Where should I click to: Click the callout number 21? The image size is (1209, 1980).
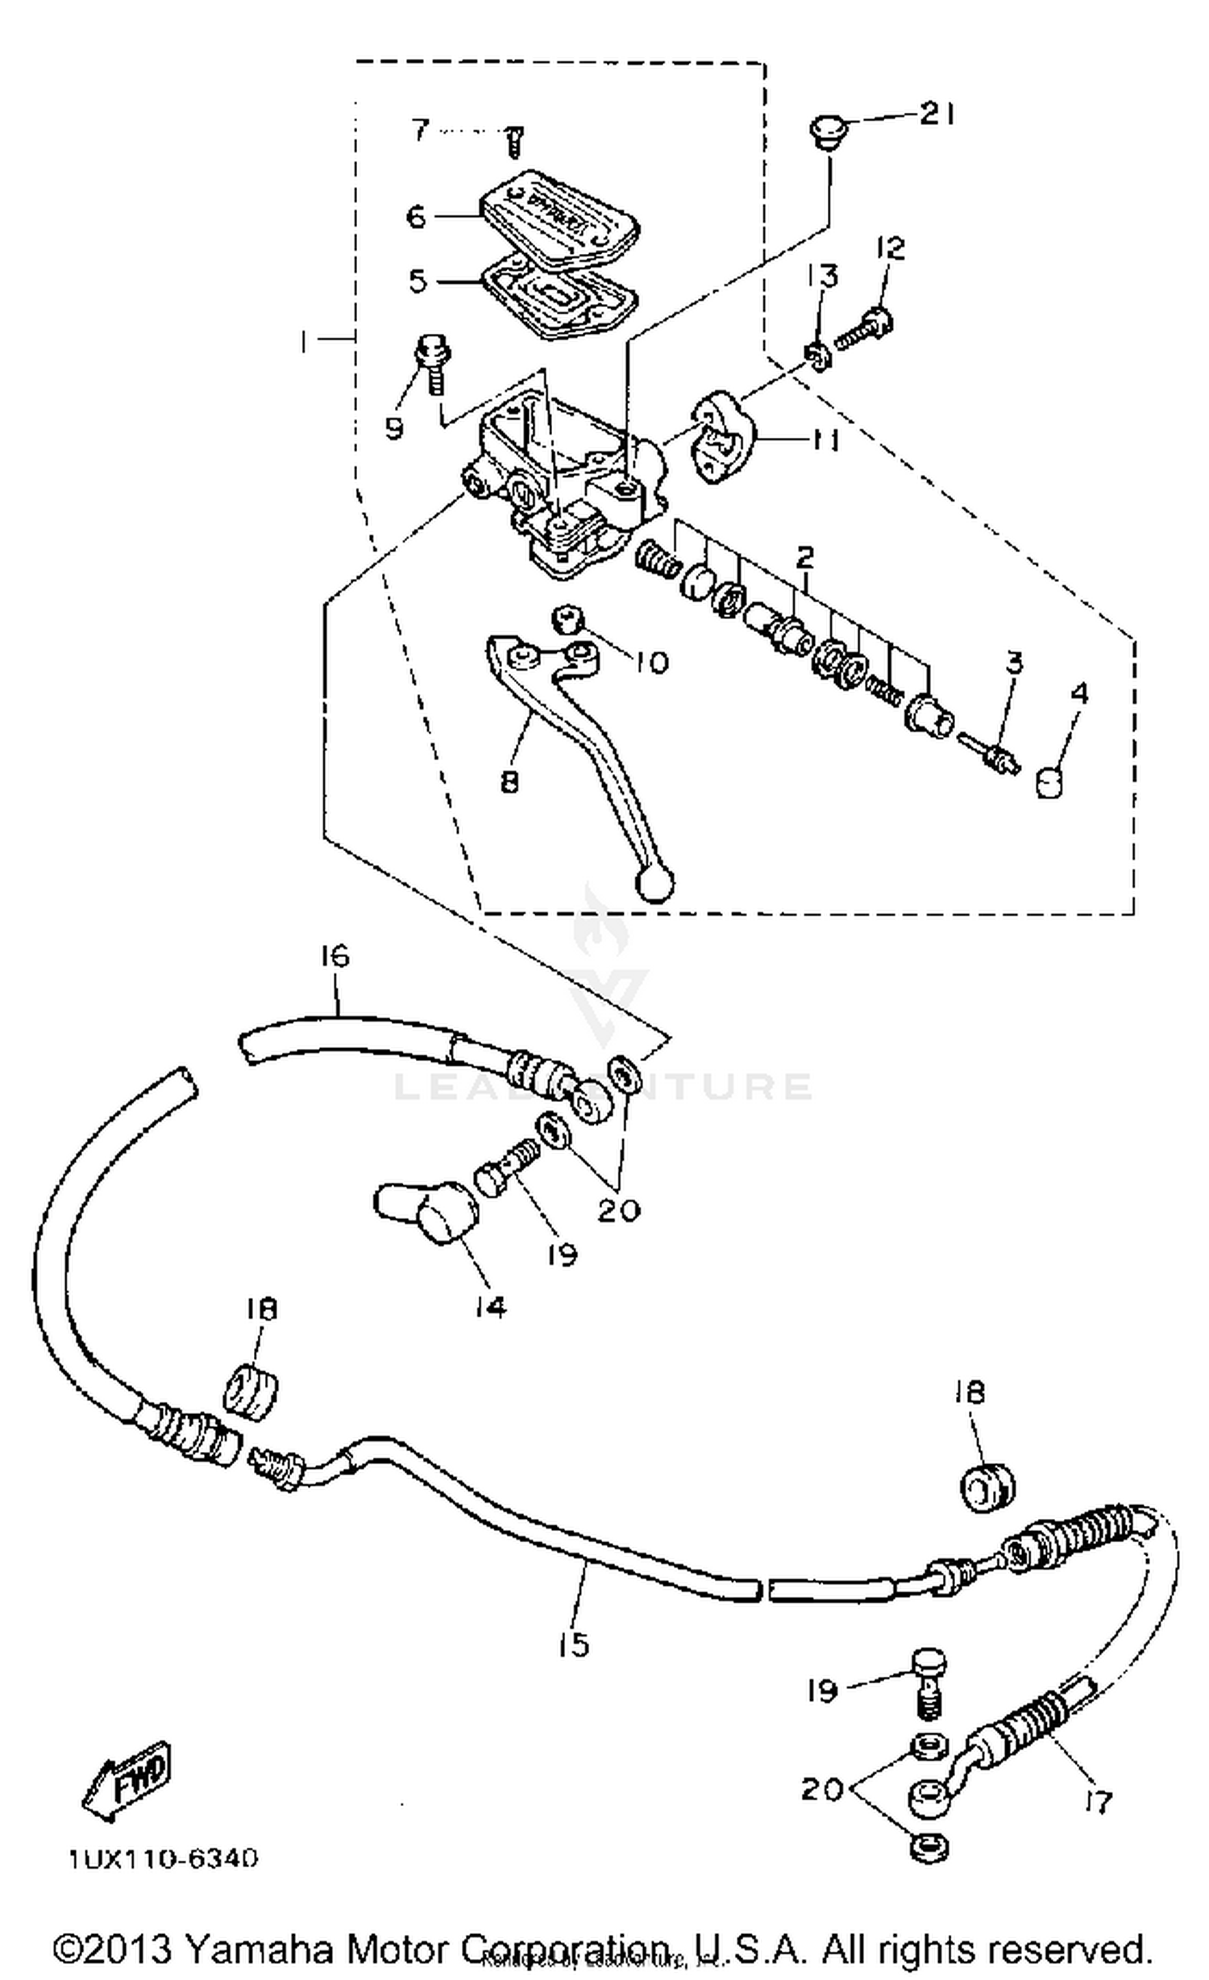coord(937,114)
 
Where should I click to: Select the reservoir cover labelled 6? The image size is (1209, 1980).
coord(561,217)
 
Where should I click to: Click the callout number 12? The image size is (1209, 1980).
coord(891,247)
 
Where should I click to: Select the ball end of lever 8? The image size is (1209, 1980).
coord(655,884)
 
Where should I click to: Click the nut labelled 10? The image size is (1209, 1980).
coord(567,620)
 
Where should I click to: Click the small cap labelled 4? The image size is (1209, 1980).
coord(1049,781)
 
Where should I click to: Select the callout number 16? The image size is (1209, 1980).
coord(334,956)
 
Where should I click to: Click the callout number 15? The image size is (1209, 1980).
coord(574,1645)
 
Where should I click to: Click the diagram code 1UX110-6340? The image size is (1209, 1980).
coord(164,1860)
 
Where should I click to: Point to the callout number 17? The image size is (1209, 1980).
coord(1099,1800)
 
